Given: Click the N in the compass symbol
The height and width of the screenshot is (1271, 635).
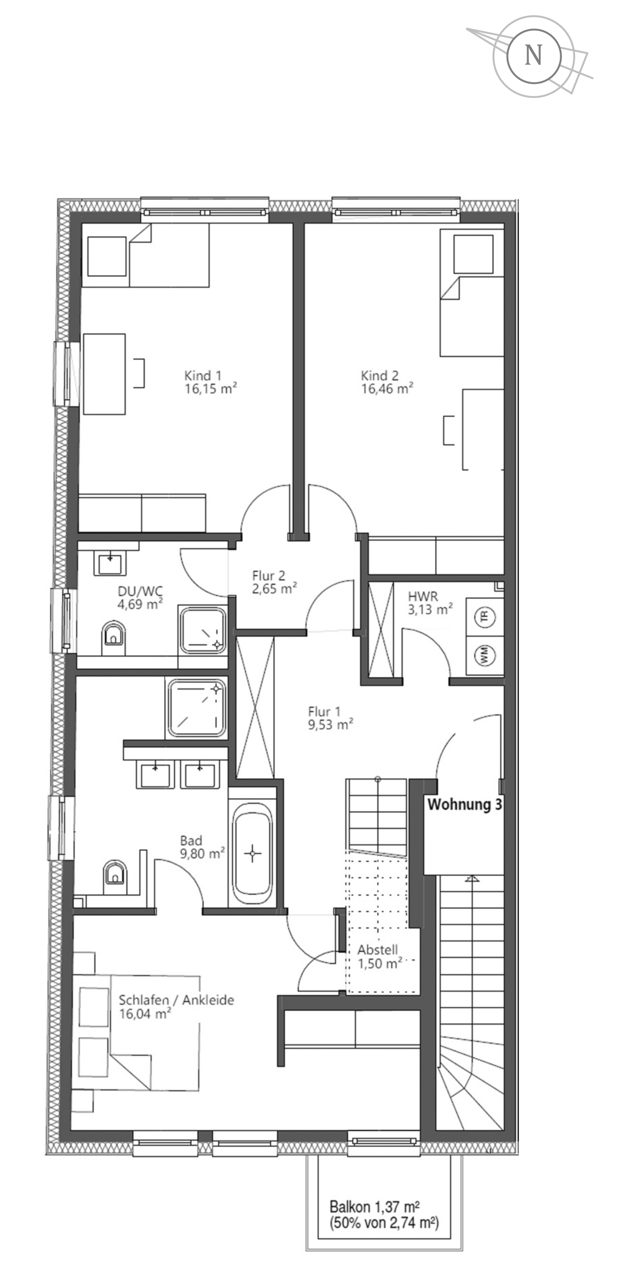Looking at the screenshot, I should [533, 55].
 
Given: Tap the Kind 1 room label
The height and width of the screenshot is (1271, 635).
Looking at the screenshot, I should [203, 375].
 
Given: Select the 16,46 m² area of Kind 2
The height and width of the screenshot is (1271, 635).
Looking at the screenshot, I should [387, 389].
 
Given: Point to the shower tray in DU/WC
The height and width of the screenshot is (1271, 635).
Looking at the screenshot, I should [203, 630].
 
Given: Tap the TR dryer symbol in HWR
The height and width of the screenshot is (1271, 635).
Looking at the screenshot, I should [484, 617].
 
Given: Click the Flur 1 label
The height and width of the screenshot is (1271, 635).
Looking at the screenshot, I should [324, 711].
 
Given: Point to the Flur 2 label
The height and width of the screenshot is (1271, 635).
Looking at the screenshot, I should [268, 575].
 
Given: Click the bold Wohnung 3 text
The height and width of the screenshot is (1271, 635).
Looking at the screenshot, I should [464, 805].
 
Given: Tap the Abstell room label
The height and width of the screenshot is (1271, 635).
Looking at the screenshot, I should [378, 950].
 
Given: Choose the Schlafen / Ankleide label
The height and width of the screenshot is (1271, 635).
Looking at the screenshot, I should [176, 1000].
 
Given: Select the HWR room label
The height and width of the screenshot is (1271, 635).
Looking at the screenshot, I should [423, 596].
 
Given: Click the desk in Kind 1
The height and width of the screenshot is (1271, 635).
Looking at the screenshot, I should [104, 374].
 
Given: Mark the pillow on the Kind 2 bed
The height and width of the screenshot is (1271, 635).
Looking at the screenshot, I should [473, 254].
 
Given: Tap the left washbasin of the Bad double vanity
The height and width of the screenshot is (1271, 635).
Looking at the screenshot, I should [155, 774].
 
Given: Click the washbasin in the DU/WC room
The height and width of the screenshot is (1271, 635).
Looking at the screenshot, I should [110, 563].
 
